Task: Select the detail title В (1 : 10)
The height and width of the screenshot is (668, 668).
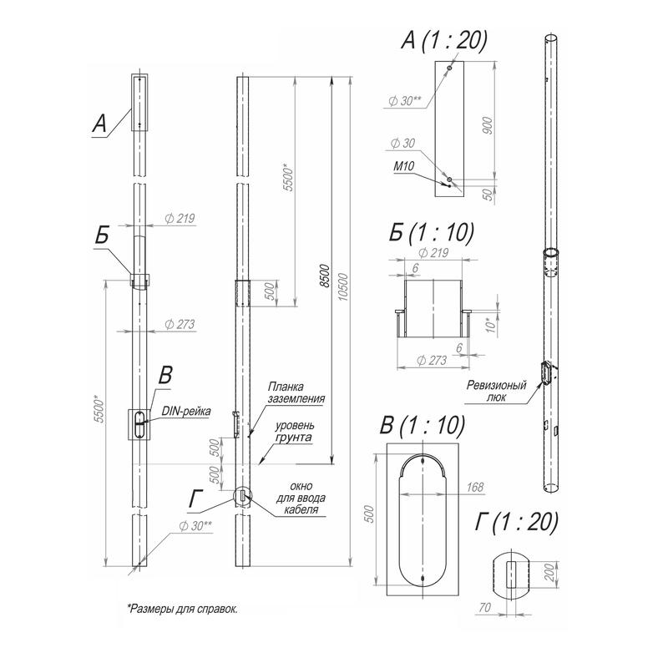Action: pyautogui.click(x=422, y=424)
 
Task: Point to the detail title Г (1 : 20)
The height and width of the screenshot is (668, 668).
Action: pyautogui.click(x=516, y=524)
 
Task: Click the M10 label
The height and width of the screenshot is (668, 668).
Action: pyautogui.click(x=405, y=166)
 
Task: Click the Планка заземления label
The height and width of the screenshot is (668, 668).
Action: pyautogui.click(x=296, y=393)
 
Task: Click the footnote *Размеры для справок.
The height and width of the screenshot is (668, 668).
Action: pyautogui.click(x=181, y=609)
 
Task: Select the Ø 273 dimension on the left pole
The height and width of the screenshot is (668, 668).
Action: pyautogui.click(x=180, y=323)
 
